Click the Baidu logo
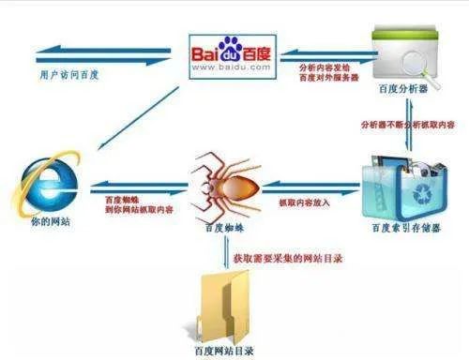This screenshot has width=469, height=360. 232,49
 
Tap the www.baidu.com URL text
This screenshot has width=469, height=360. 232,68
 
